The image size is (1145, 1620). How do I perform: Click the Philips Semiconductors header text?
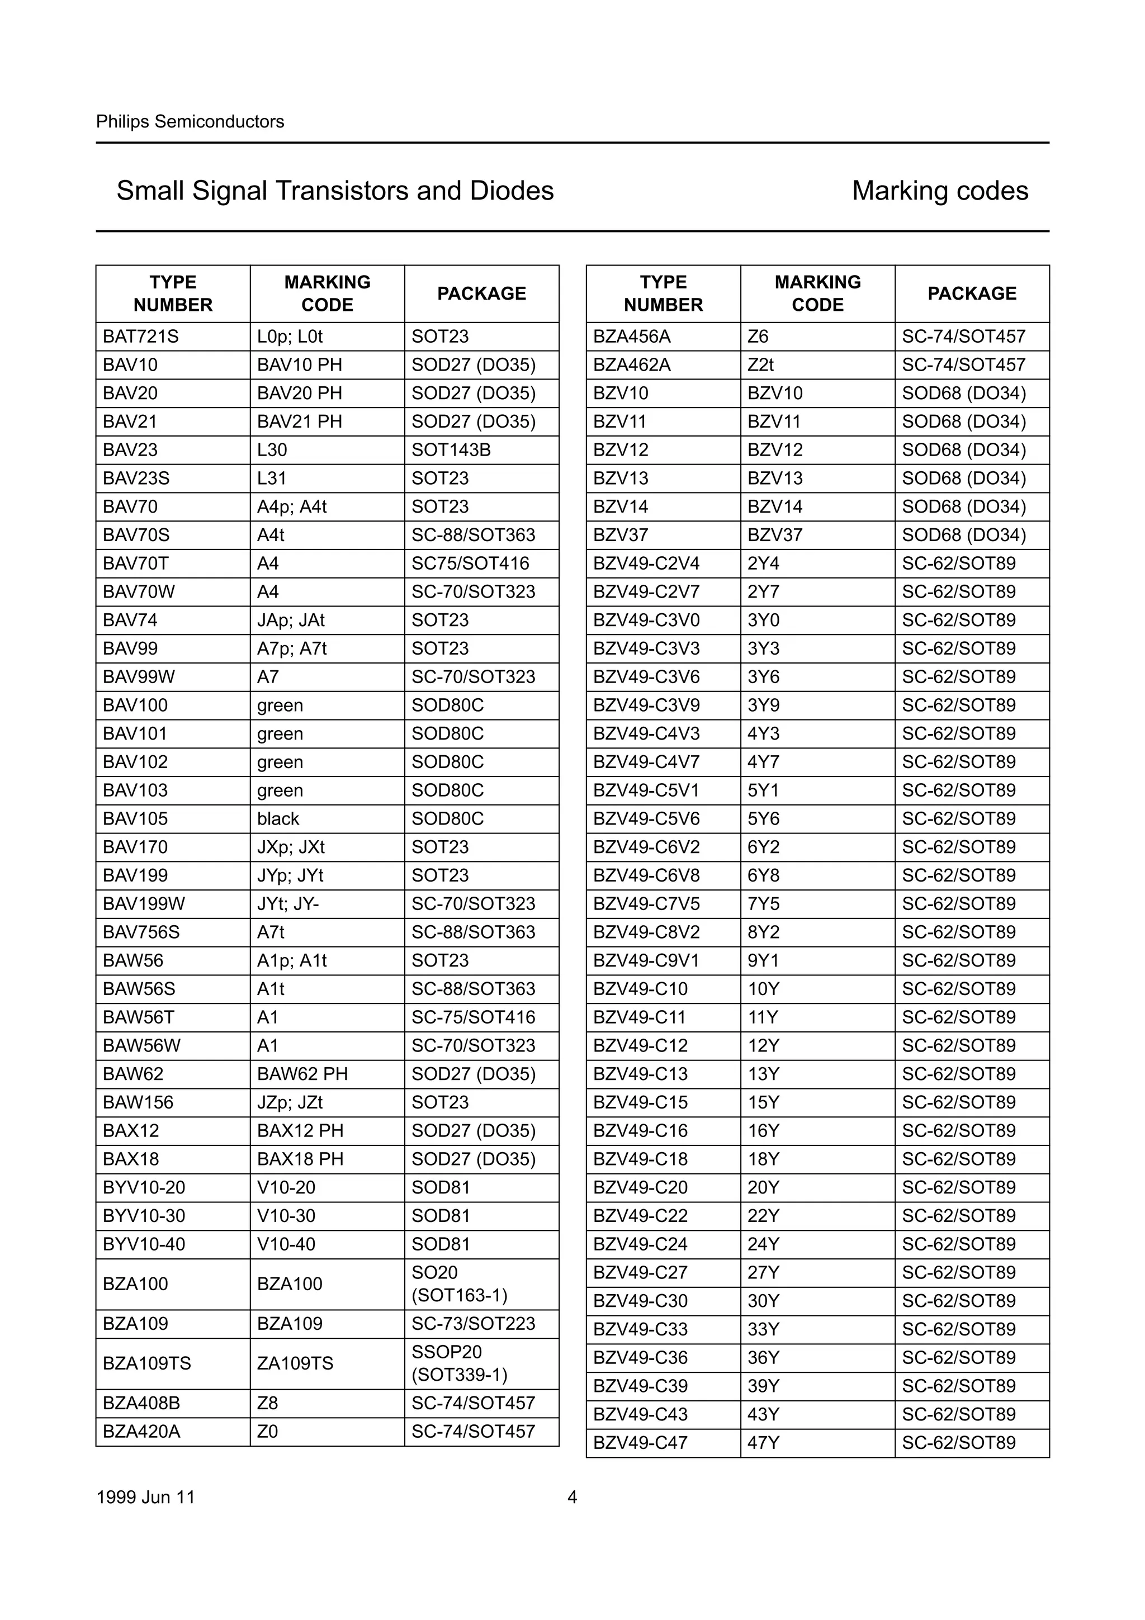pos(190,122)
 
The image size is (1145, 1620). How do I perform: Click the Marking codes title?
pos(940,191)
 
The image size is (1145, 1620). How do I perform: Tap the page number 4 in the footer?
pos(572,1496)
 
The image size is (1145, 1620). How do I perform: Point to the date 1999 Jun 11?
pos(145,1496)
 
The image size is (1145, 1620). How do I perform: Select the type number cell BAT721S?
pos(140,337)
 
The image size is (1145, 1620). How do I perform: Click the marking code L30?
pos(272,450)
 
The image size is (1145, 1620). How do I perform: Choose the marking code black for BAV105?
pos(278,818)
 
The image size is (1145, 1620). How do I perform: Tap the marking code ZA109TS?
pos(295,1363)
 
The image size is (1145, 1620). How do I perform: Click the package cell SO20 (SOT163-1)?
pos(459,1283)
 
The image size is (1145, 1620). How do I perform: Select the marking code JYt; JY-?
pos(288,904)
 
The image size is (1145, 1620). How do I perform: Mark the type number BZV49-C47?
pos(640,1442)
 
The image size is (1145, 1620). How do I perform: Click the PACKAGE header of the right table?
pos(972,293)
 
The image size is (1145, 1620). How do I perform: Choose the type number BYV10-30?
pos(144,1216)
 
